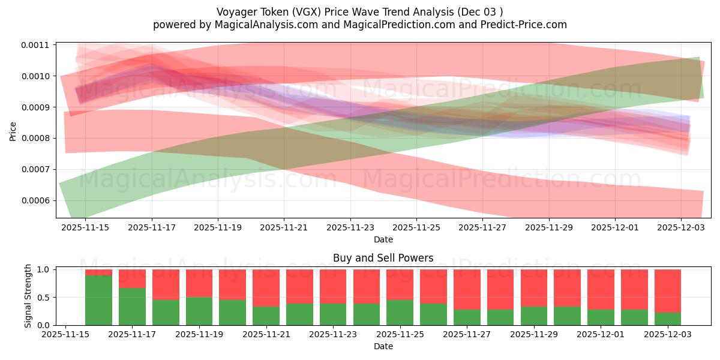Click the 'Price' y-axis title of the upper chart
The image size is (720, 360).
click(x=13, y=131)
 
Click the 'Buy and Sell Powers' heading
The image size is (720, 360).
click(x=383, y=259)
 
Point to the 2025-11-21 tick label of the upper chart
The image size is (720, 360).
click(x=284, y=227)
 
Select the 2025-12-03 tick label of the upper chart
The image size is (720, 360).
click(x=680, y=227)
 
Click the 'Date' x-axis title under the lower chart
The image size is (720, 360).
click(x=383, y=346)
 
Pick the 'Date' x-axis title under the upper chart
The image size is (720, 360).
click(x=383, y=239)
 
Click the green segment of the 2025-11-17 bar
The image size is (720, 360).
click(x=132, y=307)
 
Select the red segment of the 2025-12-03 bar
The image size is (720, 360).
click(x=667, y=291)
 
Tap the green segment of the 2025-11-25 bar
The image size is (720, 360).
click(x=400, y=313)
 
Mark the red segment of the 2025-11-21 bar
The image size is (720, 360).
click(x=266, y=288)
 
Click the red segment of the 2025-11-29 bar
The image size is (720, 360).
click(x=533, y=288)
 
